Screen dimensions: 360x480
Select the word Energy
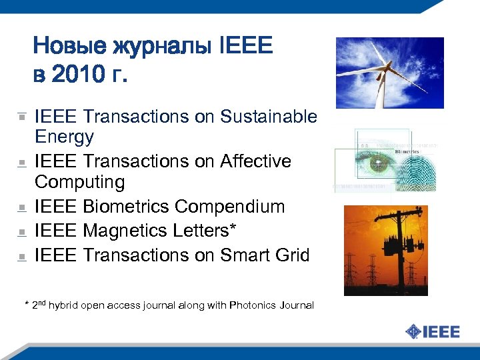tap(64, 138)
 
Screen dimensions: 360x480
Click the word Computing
tap(79, 183)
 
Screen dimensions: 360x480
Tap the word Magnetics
tap(125, 231)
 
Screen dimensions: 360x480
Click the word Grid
tap(291, 255)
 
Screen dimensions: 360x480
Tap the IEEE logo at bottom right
tap(433, 331)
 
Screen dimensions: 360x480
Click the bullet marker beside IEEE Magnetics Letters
tap(22, 232)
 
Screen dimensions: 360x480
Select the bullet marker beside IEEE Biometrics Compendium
tap(22, 208)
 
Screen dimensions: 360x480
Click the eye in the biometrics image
tap(377, 163)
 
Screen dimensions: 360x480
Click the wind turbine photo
tap(389, 73)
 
